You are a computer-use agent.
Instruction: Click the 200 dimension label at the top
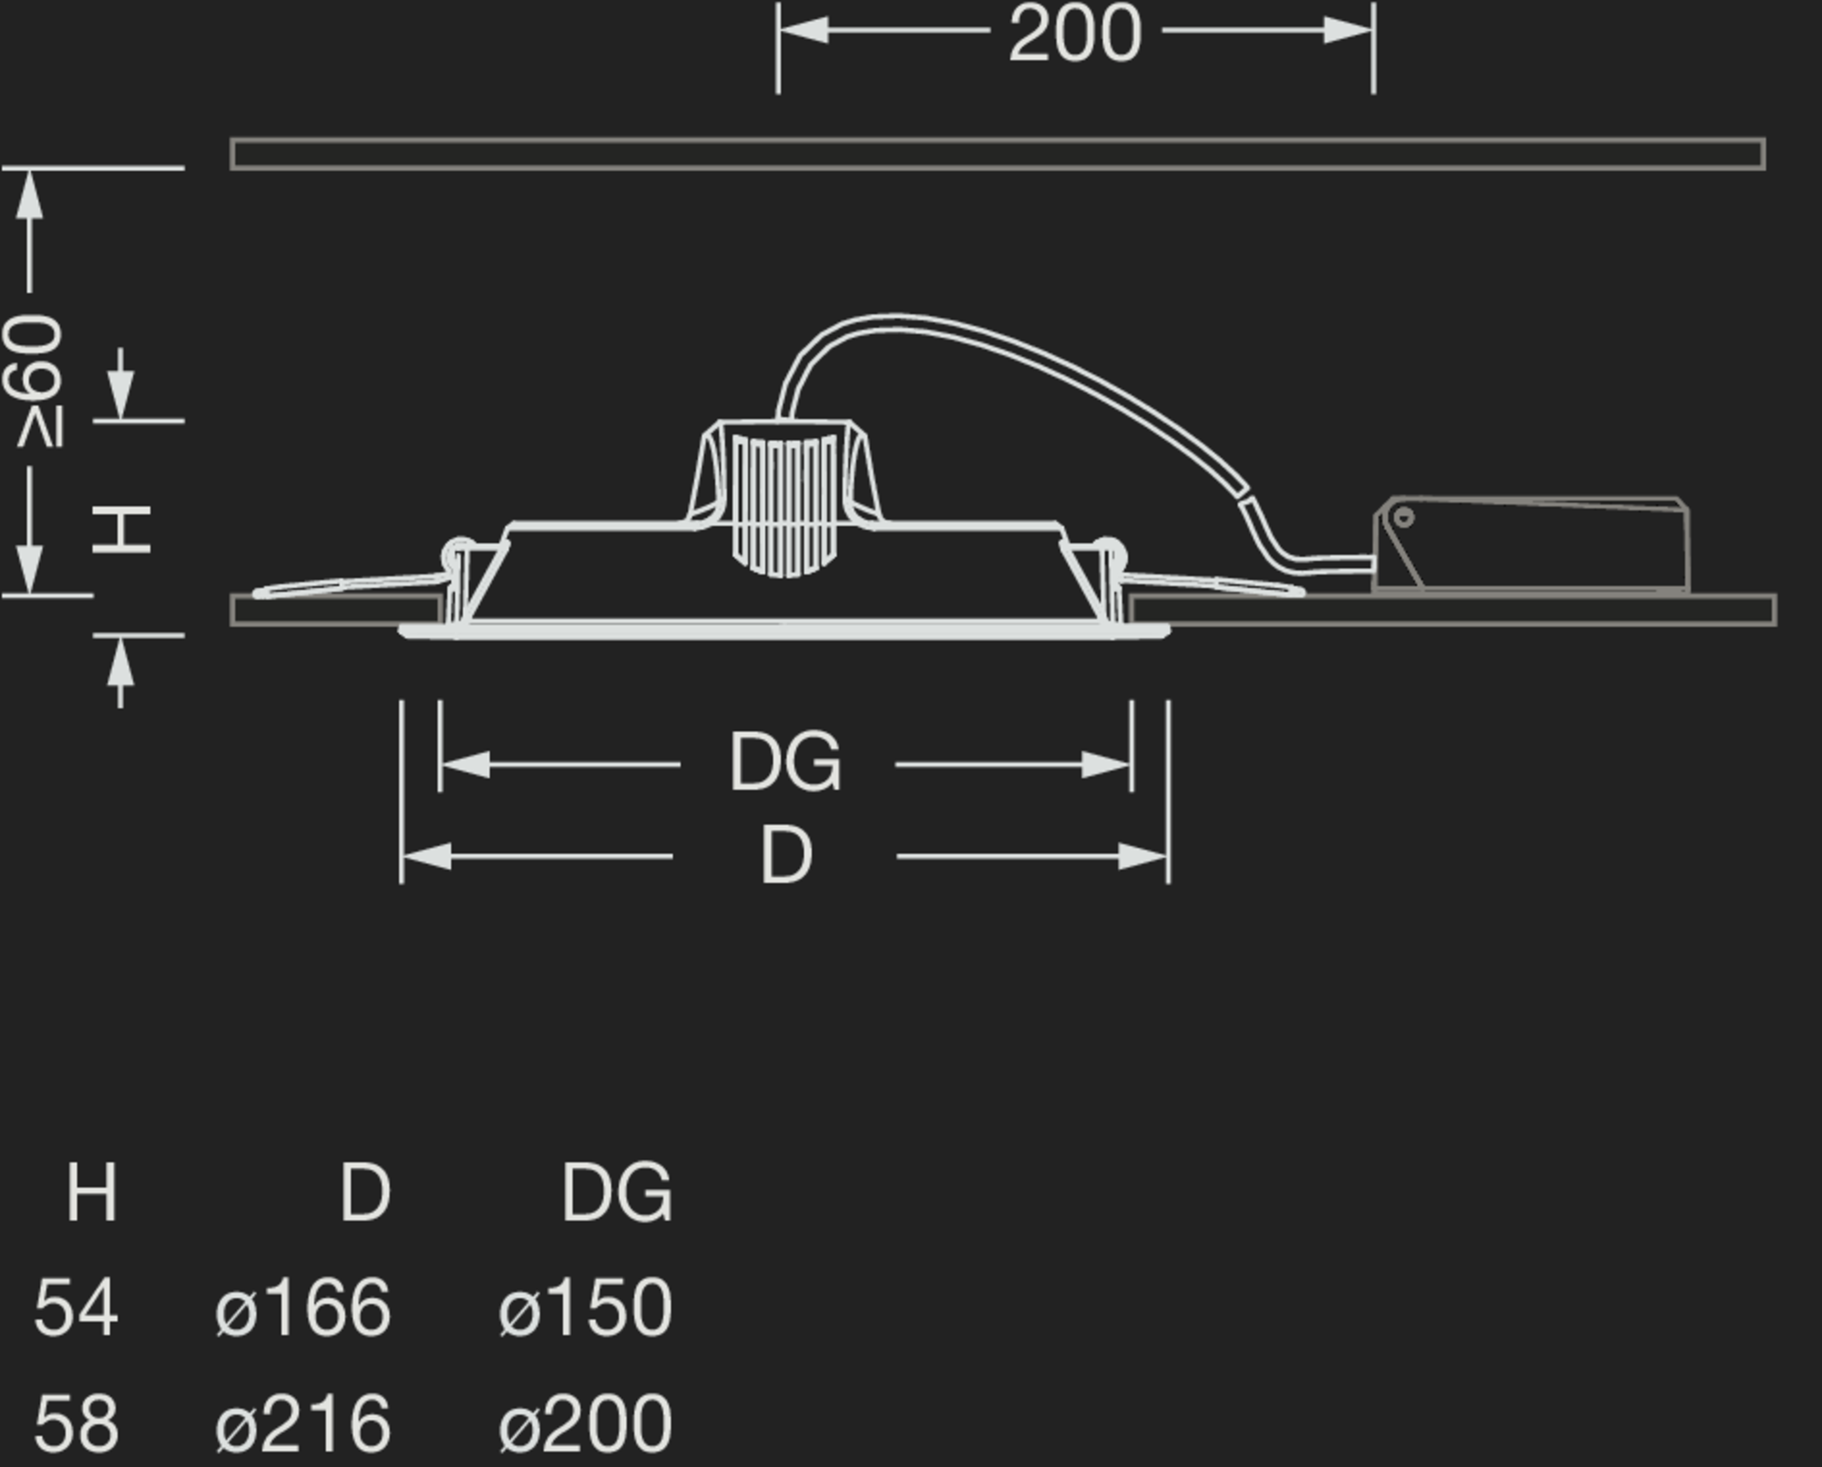pyautogui.click(x=1075, y=34)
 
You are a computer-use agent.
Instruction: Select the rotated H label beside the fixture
pyautogui.click(x=122, y=530)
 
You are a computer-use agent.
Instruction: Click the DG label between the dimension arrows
pyautogui.click(x=785, y=763)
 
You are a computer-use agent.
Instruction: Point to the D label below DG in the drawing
pyautogui.click(x=785, y=856)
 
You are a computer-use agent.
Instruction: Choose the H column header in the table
pyautogui.click(x=92, y=1192)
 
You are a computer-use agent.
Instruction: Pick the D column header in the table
pyautogui.click(x=365, y=1192)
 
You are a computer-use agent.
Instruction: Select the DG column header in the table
pyautogui.click(x=617, y=1192)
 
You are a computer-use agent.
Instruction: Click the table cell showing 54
pyautogui.click(x=76, y=1307)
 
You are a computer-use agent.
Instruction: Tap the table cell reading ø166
pyautogui.click(x=303, y=1307)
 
